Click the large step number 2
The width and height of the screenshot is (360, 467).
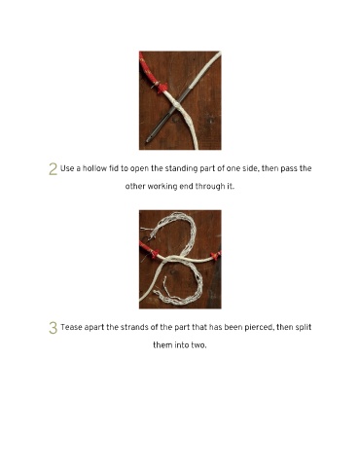(53, 169)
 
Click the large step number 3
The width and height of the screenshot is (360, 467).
(53, 328)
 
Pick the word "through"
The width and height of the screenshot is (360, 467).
(208, 187)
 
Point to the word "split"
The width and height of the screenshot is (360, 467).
(304, 328)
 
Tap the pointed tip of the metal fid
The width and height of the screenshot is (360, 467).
(148, 141)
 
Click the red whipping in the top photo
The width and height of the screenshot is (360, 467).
(162, 87)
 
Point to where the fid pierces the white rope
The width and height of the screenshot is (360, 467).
(174, 105)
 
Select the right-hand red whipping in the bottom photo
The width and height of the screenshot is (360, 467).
(215, 255)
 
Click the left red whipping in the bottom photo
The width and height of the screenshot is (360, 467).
(154, 254)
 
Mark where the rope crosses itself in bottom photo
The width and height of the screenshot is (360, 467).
(172, 259)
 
